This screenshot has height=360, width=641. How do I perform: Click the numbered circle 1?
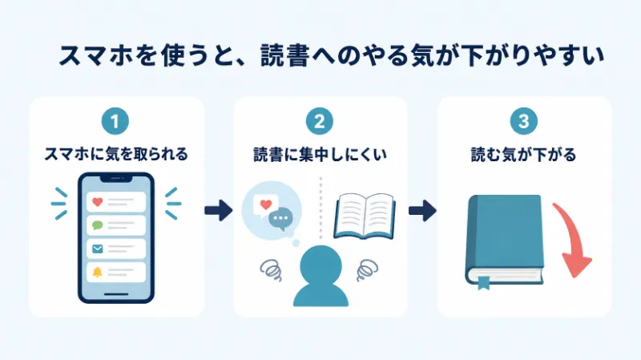[x=115, y=121]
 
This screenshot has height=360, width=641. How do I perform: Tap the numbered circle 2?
[x=319, y=121]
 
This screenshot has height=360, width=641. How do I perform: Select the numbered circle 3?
[x=524, y=121]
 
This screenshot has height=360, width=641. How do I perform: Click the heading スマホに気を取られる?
[x=116, y=155]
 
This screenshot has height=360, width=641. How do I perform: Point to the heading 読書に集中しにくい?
[x=320, y=155]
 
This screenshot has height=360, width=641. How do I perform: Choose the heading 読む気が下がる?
[x=524, y=155]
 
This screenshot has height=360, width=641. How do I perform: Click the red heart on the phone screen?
[x=97, y=202]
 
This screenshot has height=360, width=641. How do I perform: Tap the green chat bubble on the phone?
[x=97, y=225]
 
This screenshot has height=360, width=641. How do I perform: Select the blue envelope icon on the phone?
[x=97, y=249]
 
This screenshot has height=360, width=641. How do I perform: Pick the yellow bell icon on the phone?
[x=97, y=272]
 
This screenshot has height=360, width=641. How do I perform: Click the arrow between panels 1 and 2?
[x=219, y=210]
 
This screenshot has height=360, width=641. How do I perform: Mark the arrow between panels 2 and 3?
[x=423, y=210]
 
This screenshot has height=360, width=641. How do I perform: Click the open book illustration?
[x=365, y=216]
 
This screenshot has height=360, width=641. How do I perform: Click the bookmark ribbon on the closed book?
[x=484, y=283]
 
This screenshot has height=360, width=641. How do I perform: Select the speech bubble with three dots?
[x=280, y=219]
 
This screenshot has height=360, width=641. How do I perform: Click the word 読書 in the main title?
[x=284, y=55]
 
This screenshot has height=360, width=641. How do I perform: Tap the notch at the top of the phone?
[x=116, y=178]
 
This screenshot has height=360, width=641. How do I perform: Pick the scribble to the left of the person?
[x=271, y=270]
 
